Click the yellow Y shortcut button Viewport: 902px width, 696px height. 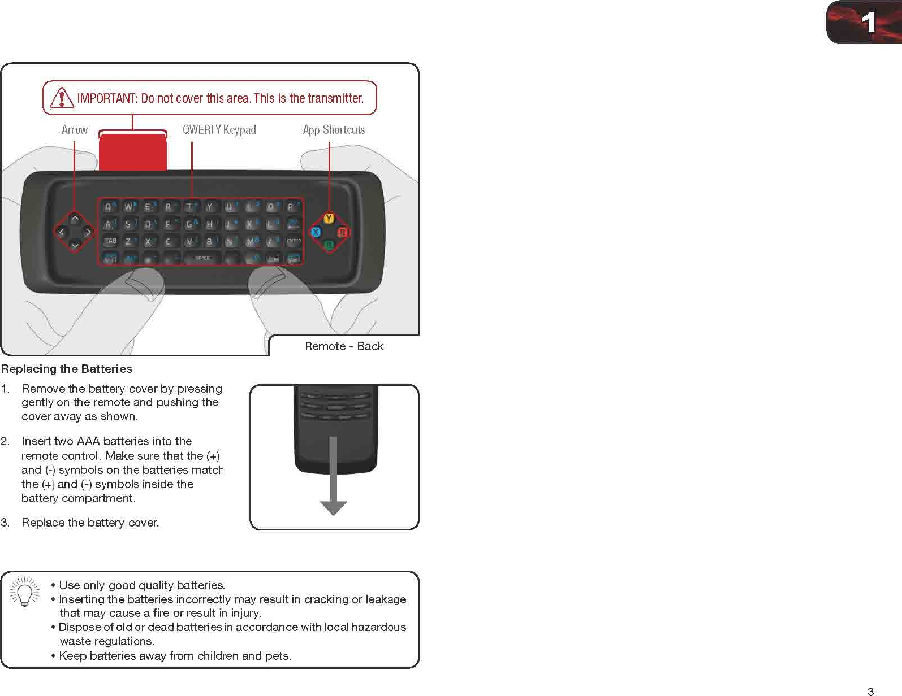329,219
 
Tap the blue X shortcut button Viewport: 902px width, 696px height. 316,232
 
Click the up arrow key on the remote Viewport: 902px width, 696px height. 75,219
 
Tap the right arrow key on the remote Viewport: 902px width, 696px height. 88,232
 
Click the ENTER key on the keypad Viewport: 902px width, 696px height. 294,241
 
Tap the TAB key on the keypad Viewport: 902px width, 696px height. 111,241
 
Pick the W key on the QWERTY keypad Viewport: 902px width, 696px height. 128,207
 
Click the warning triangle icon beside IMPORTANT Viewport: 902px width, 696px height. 61,98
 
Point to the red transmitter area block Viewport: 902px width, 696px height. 133,153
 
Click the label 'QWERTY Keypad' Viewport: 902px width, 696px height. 219,130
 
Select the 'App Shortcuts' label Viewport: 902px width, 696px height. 334,130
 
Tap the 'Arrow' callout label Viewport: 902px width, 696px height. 75,130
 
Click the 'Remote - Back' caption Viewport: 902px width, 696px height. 344,346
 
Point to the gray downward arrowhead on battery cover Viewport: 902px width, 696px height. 334,508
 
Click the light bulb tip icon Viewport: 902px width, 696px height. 25,592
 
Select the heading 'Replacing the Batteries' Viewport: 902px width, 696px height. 67,369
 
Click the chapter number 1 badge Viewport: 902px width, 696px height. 868,23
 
